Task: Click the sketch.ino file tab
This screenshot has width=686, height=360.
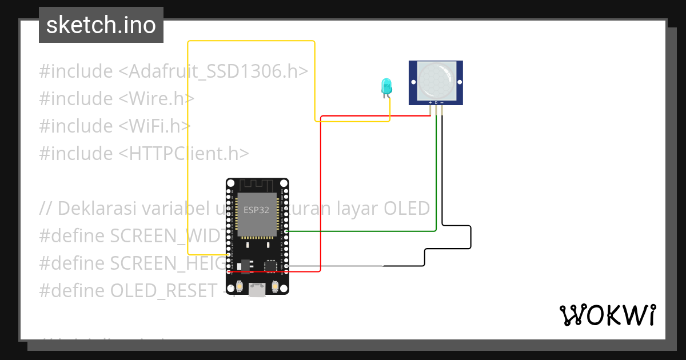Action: pos(101,25)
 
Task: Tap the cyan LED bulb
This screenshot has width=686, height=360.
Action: pos(386,86)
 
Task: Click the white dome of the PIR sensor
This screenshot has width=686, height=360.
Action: pos(436,79)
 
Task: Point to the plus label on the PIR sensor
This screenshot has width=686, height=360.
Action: pos(430,103)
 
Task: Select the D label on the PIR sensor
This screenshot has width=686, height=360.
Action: pos(436,103)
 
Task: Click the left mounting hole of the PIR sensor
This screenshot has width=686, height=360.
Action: pos(413,82)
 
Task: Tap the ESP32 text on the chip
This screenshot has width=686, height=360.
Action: pos(257,210)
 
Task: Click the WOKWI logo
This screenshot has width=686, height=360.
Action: pos(607,315)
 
